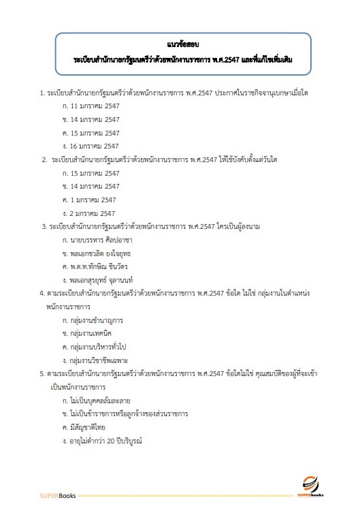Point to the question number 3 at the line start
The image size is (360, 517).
pyautogui.click(x=44, y=226)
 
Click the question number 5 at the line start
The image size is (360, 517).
pyautogui.click(x=42, y=373)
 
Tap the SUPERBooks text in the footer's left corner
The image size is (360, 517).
pyautogui.click(x=58, y=494)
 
